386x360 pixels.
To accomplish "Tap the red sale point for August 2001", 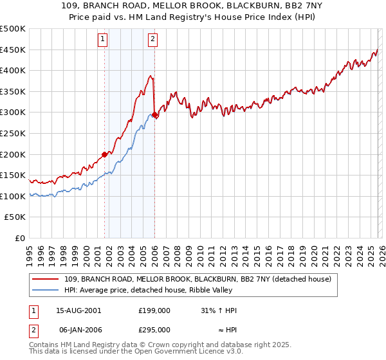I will [104, 154].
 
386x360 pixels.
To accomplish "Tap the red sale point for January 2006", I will [154, 114].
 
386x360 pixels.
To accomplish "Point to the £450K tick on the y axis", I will [13, 50].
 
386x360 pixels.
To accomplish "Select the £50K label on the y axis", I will [15, 217].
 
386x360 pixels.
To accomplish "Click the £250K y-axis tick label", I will [13, 133].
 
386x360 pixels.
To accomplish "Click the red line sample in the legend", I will [46, 279].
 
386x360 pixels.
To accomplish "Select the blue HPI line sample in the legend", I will [46, 290].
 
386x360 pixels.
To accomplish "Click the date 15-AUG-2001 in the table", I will [78, 310].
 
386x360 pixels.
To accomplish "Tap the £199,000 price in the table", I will [154, 310].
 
